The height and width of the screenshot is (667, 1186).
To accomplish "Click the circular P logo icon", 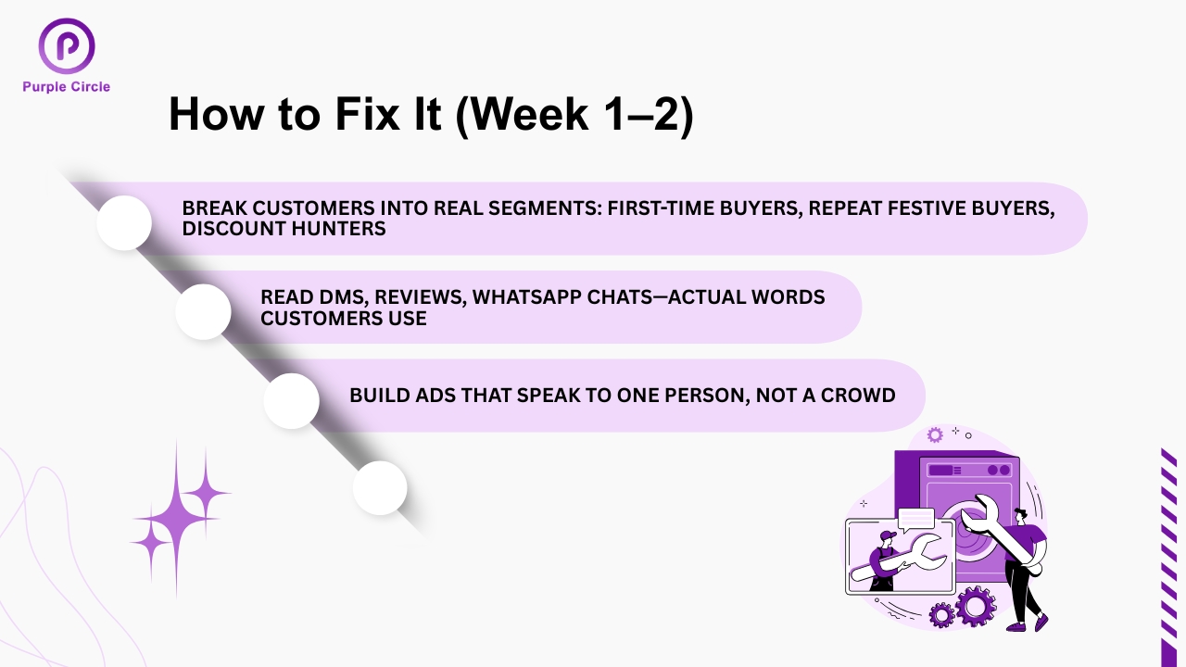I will click(67, 46).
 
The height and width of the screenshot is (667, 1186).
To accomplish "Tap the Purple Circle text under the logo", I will click(67, 87).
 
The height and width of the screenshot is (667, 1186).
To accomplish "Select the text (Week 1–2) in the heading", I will click(574, 116).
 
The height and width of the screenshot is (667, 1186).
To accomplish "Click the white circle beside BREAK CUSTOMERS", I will click(124, 222).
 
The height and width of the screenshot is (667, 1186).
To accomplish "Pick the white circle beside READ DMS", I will click(203, 311).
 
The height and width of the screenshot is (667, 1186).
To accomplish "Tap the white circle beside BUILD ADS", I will click(292, 400).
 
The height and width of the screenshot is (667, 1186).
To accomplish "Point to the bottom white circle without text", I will click(380, 487).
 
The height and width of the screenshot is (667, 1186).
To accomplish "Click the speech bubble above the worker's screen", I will click(916, 517).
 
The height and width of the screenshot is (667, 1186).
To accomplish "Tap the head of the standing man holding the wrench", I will click(1020, 514).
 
